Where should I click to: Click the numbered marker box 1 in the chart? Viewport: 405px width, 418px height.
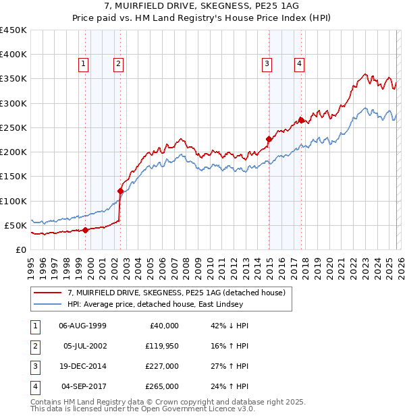coord(83,64)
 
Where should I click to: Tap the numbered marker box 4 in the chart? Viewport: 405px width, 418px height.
coord(298,64)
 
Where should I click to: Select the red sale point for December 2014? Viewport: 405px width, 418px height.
coord(269,139)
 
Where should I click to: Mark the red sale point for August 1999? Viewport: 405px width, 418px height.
coord(86,230)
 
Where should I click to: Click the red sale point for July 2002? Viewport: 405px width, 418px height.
coord(120,191)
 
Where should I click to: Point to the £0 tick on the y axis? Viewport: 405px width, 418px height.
coord(20,249)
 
